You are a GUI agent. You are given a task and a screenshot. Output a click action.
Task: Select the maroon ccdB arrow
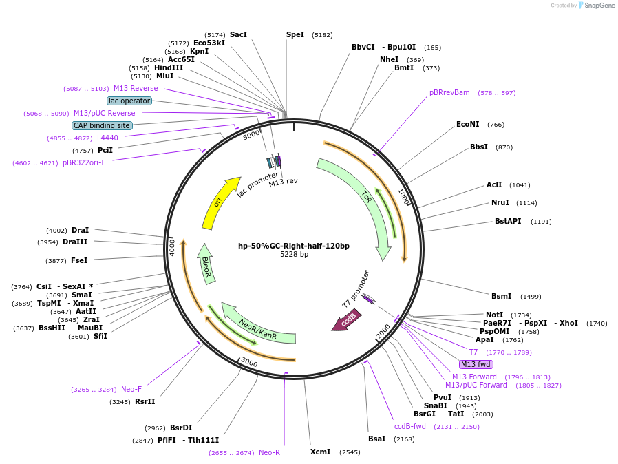coord(347,321)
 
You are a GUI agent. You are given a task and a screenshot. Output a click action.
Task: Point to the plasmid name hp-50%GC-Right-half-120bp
coord(294,246)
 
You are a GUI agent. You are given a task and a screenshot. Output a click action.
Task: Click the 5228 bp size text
coord(294,255)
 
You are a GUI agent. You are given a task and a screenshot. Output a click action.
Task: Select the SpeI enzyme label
coord(295,34)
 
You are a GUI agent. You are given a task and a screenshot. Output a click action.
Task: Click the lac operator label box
coord(129,101)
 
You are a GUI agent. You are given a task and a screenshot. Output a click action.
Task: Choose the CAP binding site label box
coord(102,125)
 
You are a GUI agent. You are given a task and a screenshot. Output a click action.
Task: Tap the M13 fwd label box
coord(476,364)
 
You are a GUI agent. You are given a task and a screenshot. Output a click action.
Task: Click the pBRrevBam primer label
coord(449,92)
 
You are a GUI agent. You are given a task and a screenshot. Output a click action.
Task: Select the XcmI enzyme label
coord(320,452)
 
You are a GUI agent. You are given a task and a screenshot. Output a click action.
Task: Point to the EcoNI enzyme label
coord(467,124)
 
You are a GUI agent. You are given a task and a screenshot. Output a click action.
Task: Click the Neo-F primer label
coord(131,389)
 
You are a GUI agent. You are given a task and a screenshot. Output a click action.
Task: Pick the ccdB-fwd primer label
coord(410,426)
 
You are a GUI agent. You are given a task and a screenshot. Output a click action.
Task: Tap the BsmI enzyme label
coord(501,296)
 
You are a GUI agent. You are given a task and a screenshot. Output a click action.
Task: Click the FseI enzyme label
coord(79,260)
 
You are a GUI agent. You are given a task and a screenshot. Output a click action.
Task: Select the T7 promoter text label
coord(356,289)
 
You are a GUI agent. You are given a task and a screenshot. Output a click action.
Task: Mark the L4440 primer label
coord(107,138)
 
